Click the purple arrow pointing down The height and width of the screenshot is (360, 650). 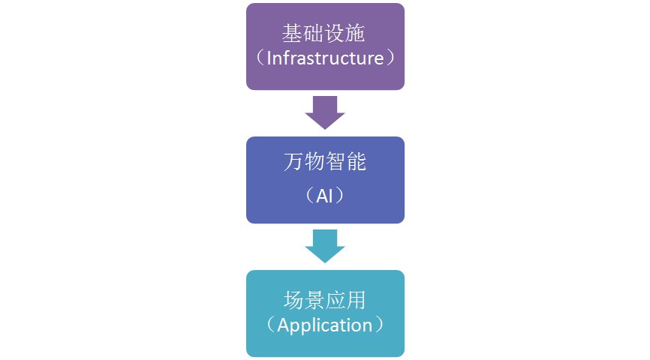coord(325,112)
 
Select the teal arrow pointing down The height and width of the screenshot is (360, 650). coord(325,246)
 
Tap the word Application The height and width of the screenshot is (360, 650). coord(325,325)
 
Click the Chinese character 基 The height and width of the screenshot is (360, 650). coord(293,33)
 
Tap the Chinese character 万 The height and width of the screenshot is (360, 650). coord(293,162)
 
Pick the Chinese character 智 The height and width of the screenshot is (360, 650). coord(336,162)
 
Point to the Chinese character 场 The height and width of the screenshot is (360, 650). coord(293,301)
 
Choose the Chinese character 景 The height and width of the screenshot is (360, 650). coord(314,301)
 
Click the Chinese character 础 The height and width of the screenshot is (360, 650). coord(314,33)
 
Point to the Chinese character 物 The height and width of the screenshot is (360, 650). coord(314,162)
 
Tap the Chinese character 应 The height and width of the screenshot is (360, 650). coord(336,301)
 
